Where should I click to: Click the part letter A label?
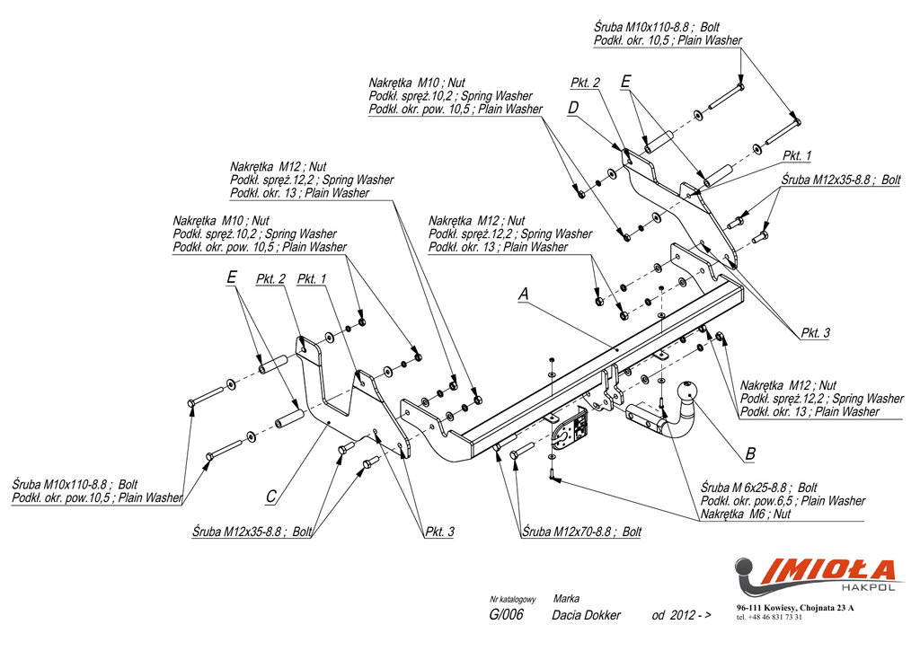524,294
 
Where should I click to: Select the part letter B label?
750,453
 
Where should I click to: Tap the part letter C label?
270,497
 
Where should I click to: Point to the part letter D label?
573,108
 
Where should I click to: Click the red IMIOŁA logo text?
827,571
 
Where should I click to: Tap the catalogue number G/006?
506,615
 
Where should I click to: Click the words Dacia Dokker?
586,615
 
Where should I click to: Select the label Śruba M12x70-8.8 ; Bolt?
581,532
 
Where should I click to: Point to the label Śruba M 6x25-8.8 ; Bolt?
758,488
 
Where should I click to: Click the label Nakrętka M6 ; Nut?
746,514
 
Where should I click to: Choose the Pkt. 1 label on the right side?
797,155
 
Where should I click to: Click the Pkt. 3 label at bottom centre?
439,532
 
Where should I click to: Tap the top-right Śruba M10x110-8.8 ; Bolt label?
656,27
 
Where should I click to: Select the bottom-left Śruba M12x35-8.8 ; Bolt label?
252,532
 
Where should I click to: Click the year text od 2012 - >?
681,615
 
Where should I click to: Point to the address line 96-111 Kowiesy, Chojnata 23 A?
795,608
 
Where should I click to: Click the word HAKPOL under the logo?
876,587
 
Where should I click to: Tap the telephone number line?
769,617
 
